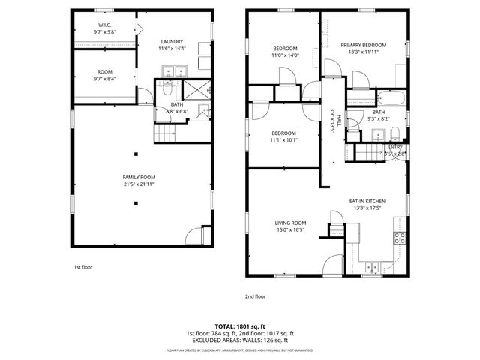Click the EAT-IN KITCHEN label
[x=367, y=201]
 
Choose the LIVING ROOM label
[x=290, y=223]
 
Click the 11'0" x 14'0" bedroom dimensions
[x=285, y=55]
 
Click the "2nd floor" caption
[x=255, y=296]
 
